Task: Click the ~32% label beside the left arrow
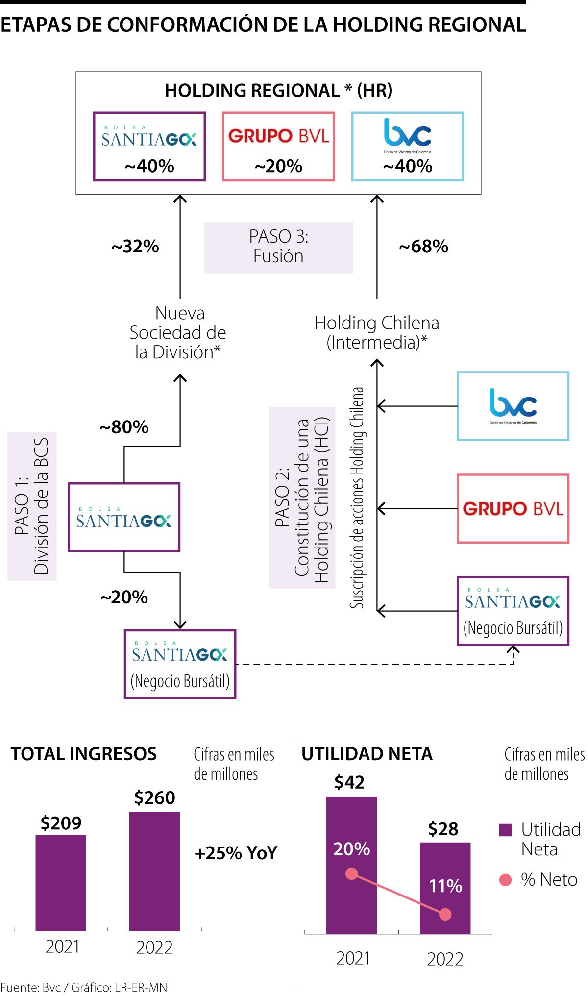[135, 247]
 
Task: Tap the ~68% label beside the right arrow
[423, 247]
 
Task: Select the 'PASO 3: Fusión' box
[278, 247]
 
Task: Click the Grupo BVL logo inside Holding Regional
[278, 136]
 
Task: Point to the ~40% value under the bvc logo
[407, 166]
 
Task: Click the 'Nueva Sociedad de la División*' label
[178, 332]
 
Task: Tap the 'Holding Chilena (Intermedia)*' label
[376, 332]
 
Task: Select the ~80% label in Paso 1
[124, 427]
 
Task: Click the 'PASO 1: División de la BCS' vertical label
[32, 506]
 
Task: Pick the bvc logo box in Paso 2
[513, 406]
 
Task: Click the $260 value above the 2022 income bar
[154, 797]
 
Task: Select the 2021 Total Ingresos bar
[61, 882]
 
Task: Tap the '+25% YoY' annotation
[236, 853]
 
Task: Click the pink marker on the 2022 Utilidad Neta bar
[445, 914]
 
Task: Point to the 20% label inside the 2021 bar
[351, 849]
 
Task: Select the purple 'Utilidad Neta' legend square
[505, 830]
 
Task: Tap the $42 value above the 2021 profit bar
[349, 782]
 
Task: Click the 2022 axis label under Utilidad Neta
[445, 959]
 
